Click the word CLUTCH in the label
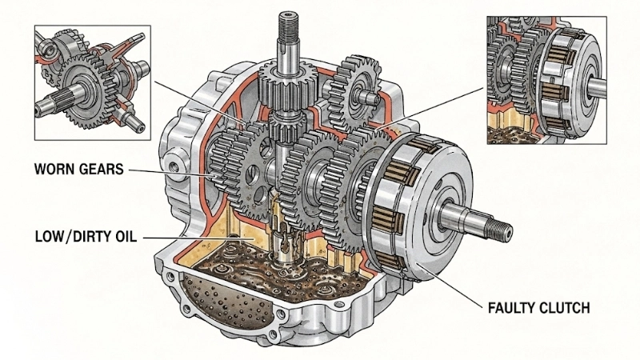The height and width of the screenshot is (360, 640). (x=569, y=306)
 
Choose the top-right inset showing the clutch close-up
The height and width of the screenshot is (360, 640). (x=546, y=80)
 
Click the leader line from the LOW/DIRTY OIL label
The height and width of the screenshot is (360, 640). (x=192, y=238)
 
